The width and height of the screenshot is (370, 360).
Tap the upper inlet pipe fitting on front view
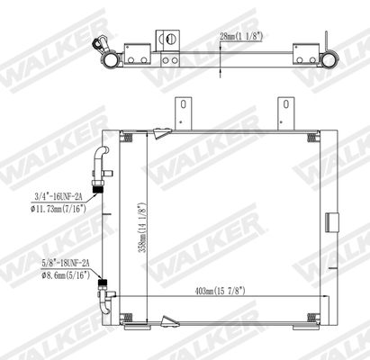(x=100, y=163)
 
